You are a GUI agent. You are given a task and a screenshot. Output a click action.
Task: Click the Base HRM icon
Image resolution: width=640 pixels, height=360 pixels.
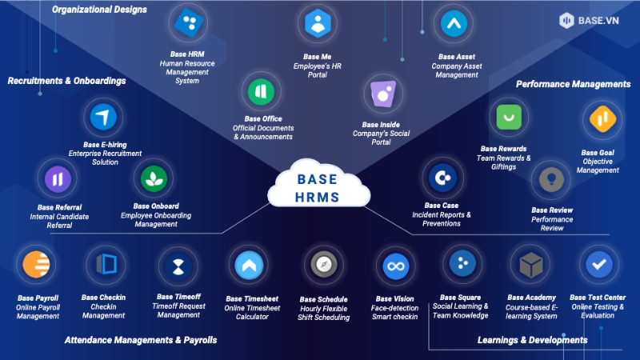coord(189,24)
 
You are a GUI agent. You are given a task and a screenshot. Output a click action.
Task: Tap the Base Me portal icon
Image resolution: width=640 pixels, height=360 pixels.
coord(318,23)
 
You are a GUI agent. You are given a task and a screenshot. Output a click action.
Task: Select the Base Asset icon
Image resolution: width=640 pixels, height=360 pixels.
coord(455,24)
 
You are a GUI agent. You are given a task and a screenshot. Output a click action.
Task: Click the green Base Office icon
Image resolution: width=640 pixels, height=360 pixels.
coord(261,93)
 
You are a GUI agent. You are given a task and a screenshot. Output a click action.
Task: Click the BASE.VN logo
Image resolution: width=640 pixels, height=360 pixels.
coord(593,19)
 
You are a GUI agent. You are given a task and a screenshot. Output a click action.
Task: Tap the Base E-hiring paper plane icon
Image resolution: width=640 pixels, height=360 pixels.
coord(103,118)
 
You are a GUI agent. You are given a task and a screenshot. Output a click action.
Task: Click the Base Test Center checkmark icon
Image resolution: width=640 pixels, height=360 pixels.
coord(598,263)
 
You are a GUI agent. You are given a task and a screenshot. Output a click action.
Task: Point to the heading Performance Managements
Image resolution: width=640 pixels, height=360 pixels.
coord(573,83)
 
